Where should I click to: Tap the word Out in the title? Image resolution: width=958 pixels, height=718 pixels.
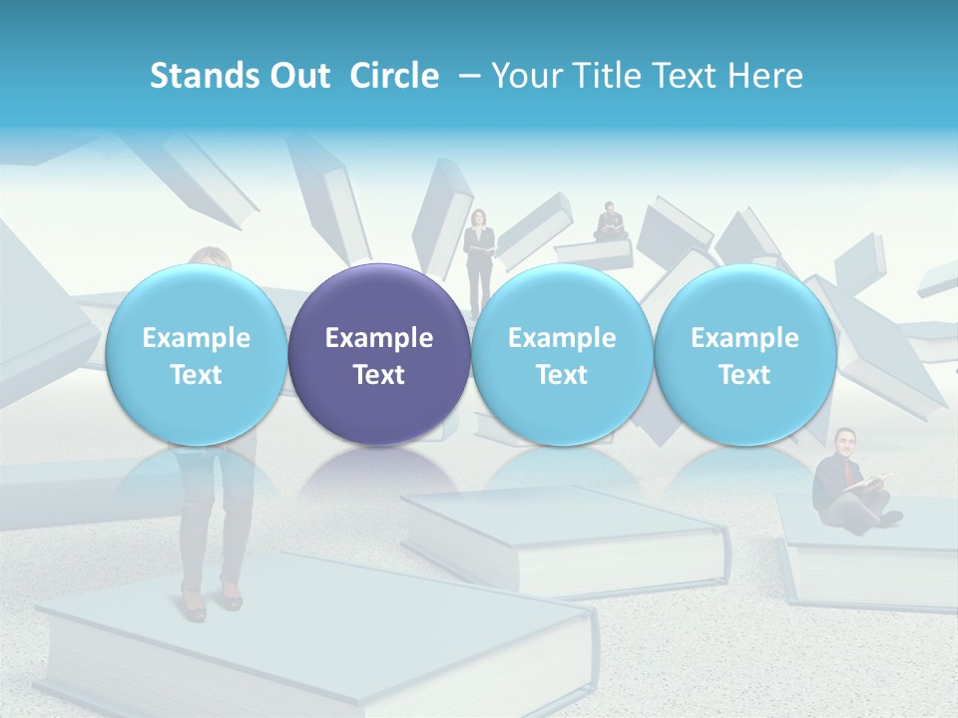(x=298, y=76)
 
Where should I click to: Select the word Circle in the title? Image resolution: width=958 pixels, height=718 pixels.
(x=394, y=76)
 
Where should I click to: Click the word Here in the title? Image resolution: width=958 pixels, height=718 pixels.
(x=765, y=76)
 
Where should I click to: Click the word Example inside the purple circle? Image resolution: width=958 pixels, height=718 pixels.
(x=379, y=338)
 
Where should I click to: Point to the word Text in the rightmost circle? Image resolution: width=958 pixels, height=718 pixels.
(x=745, y=375)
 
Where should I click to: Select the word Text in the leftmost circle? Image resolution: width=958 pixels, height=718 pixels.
(x=196, y=375)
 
